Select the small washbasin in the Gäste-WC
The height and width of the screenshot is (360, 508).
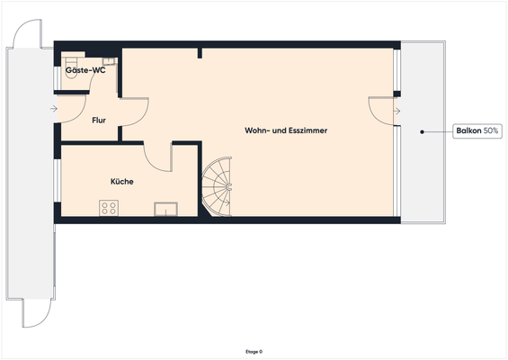pos(108,62)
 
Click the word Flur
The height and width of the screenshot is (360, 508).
pos(99,119)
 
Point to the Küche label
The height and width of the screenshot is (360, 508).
pos(121,181)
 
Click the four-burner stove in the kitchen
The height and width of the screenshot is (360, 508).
pos(109,208)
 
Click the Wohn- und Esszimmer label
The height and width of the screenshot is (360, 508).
pos(286,130)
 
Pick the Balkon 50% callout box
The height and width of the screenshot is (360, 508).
pos(478,131)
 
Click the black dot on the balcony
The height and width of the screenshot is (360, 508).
pos(421,131)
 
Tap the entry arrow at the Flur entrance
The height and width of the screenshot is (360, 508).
pos(54,110)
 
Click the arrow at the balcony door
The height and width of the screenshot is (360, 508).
pos(397,111)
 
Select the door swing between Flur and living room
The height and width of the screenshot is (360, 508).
pos(135,112)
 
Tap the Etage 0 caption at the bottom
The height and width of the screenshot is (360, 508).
pos(254,352)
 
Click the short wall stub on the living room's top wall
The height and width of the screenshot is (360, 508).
pos(200,54)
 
